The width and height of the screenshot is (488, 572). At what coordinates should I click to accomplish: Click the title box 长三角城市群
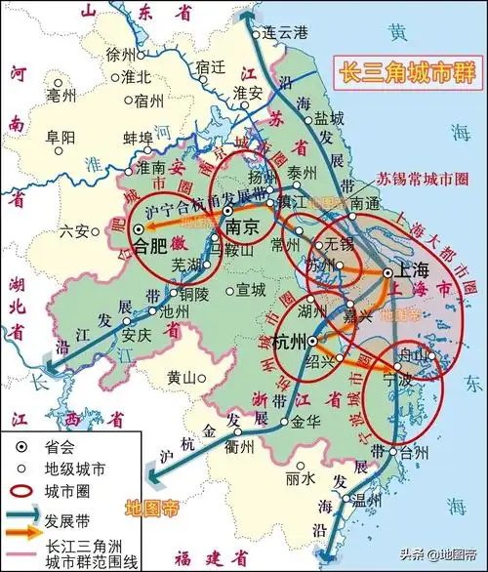coord(400,73)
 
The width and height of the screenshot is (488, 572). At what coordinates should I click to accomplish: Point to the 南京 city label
coord(241,225)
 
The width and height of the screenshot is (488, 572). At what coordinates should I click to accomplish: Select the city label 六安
coord(74,231)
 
